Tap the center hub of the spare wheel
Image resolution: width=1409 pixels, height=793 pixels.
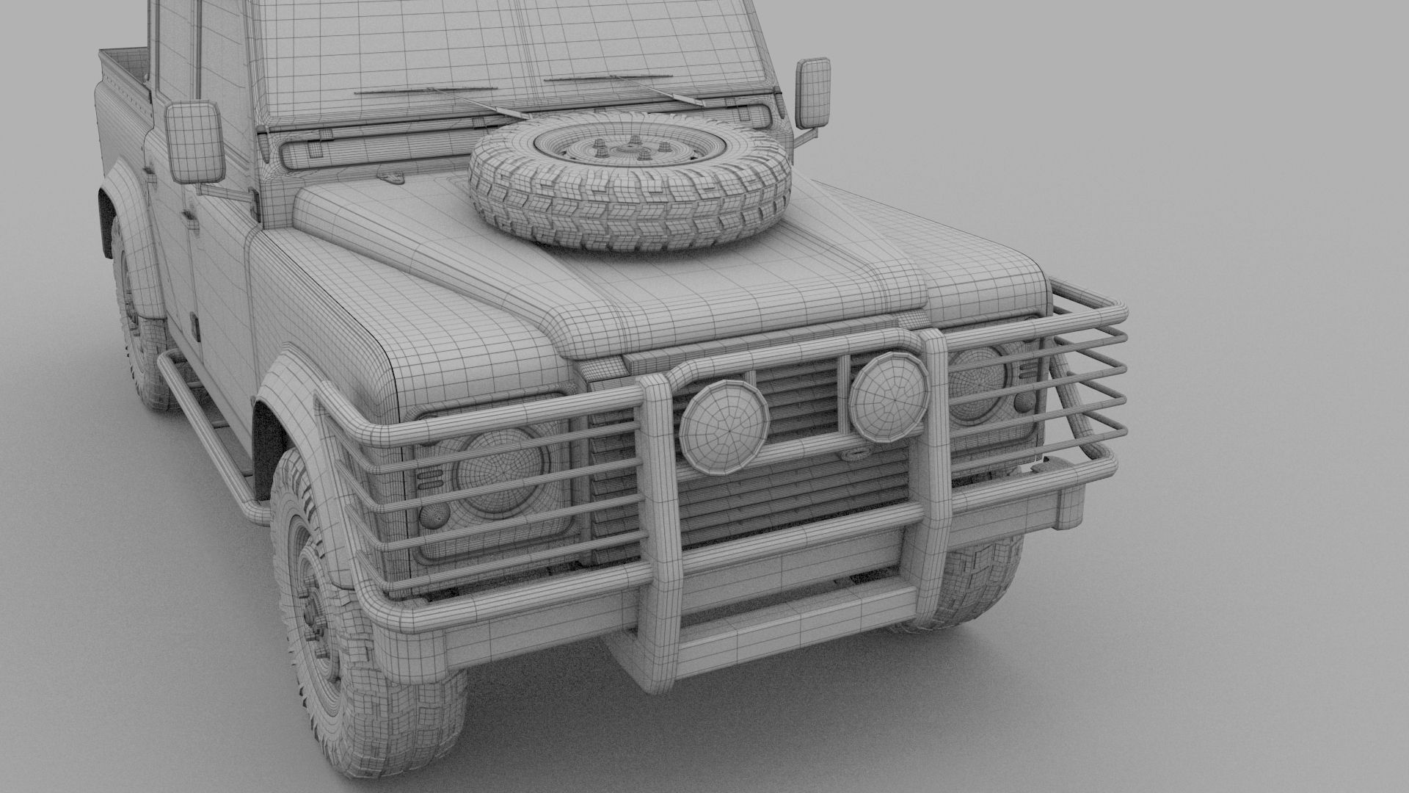pyautogui.click(x=628, y=150)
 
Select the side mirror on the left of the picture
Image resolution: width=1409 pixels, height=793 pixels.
pyautogui.click(x=194, y=142)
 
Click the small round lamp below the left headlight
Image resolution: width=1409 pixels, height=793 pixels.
pyautogui.click(x=432, y=518)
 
